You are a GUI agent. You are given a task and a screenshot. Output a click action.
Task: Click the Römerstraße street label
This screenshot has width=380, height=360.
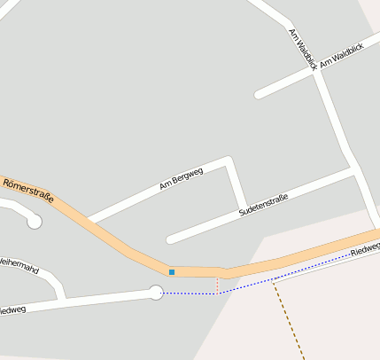point(28,190)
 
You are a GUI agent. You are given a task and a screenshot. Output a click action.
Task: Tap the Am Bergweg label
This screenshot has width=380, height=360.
point(181,179)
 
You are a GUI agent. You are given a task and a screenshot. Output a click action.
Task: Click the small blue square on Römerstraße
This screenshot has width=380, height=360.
point(172,271)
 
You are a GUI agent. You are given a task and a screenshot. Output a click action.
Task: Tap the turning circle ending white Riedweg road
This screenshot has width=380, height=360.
point(156,292)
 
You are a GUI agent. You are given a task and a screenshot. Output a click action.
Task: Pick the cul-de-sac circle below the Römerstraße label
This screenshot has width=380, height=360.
point(35,222)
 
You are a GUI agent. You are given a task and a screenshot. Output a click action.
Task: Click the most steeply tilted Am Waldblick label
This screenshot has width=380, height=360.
point(302,45)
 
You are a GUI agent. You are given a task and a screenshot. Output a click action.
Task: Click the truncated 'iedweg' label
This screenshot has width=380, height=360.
point(12,310)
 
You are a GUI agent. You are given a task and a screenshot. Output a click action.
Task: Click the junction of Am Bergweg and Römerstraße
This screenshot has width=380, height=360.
point(89,219)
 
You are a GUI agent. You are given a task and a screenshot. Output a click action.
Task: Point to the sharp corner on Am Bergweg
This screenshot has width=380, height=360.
point(229,161)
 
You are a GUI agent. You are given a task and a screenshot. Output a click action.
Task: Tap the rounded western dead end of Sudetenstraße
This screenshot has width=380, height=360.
point(170,239)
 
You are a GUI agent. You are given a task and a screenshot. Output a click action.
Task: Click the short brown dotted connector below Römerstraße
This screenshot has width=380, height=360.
point(217,285)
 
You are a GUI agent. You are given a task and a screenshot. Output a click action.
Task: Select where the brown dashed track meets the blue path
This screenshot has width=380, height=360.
point(275,278)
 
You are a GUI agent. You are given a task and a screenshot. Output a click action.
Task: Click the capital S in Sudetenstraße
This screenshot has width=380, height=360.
point(242,214)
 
